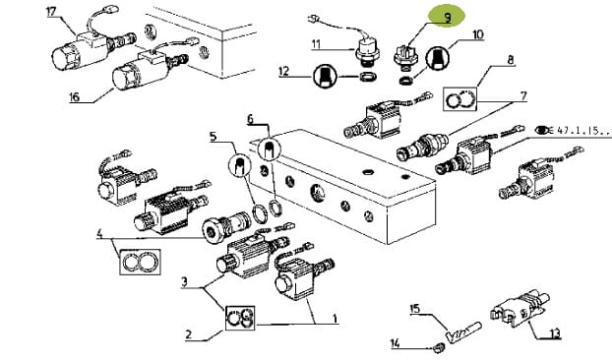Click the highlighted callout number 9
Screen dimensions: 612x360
[447, 17]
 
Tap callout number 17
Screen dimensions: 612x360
[51, 11]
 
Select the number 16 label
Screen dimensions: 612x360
[74, 96]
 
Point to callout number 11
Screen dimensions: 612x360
[316, 44]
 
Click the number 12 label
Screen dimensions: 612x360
[283, 72]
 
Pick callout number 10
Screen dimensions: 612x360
[478, 34]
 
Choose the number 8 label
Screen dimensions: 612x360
[511, 60]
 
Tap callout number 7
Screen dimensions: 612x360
[523, 95]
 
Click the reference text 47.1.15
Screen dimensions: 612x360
[581, 130]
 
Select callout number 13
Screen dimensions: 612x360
[555, 333]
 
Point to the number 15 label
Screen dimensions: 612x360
[415, 309]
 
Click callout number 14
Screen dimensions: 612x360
[395, 343]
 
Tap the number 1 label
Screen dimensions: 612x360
[335, 319]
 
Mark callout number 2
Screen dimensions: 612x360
[189, 334]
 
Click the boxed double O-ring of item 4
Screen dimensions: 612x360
[140, 262]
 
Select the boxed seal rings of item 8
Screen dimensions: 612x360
[460, 99]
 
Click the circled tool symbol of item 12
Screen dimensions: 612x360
[325, 76]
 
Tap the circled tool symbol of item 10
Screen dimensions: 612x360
[437, 57]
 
